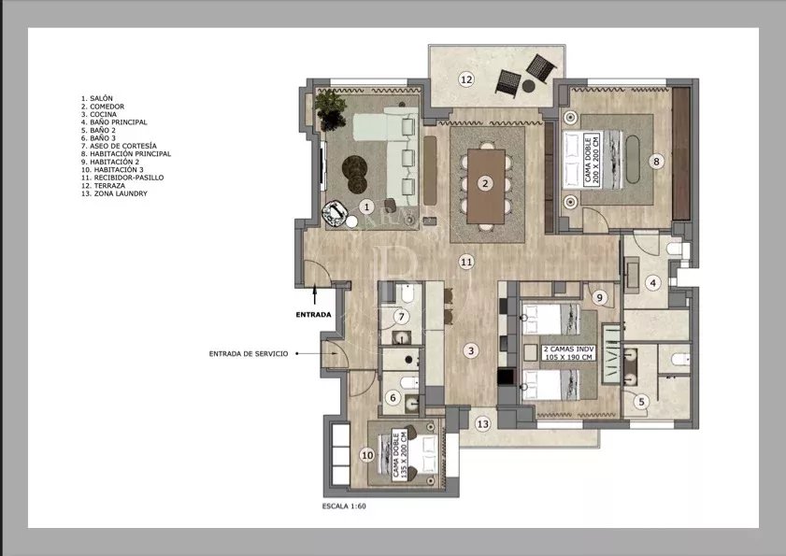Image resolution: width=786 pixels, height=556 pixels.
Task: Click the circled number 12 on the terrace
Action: click(x=466, y=79)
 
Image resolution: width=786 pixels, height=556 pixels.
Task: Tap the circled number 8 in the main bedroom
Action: click(x=656, y=162)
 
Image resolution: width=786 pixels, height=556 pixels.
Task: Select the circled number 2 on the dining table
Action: click(x=485, y=183)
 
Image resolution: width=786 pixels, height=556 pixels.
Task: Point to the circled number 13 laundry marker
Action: click(x=482, y=424)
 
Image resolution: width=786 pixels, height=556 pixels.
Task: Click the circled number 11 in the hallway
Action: click(x=466, y=262)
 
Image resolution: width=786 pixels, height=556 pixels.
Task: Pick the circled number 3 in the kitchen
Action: click(x=471, y=351)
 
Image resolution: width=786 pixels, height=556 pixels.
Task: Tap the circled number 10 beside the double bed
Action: click(x=367, y=455)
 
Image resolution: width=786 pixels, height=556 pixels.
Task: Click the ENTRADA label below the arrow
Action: click(x=313, y=315)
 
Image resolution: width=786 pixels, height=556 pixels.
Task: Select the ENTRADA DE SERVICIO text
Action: click(x=249, y=353)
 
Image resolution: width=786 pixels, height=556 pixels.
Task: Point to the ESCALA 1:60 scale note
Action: click(x=344, y=506)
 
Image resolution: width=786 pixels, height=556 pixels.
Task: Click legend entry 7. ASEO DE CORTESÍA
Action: click(x=119, y=146)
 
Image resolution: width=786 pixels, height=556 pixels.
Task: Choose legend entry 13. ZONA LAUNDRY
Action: click(x=114, y=193)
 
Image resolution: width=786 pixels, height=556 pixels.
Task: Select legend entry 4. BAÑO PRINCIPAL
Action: click(x=114, y=122)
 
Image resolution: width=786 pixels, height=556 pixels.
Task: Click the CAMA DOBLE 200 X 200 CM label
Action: click(x=592, y=160)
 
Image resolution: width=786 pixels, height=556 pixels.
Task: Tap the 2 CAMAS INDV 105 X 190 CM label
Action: click(x=569, y=353)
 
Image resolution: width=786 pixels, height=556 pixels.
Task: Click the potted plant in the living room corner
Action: click(x=330, y=109)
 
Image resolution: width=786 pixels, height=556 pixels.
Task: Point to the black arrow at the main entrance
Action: click(x=315, y=293)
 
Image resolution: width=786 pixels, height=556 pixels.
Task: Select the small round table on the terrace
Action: click(x=528, y=86)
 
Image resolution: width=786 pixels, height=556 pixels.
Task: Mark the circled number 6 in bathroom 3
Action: click(x=393, y=398)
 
